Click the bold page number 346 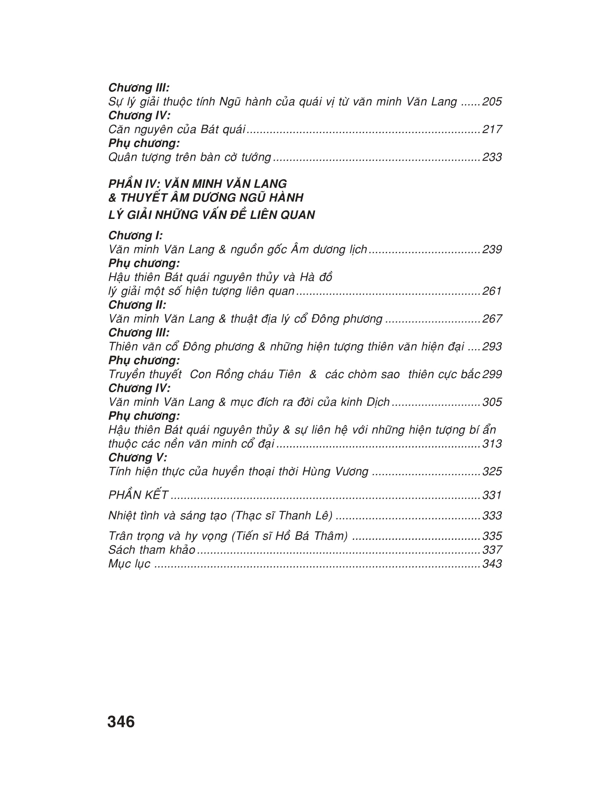[121, 722]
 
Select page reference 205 [492, 102]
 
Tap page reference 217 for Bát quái [492, 129]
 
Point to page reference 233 [492, 157]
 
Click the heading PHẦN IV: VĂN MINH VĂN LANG [197, 184]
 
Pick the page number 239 [492, 249]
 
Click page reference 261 [492, 291]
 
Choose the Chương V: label [138, 458]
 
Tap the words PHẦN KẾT [138, 495]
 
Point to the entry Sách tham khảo [152, 550]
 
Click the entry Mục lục [129, 563]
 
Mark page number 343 [492, 563]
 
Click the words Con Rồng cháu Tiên [245, 375]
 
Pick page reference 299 [492, 375]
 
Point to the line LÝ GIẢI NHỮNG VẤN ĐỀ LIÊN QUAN [212, 215]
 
